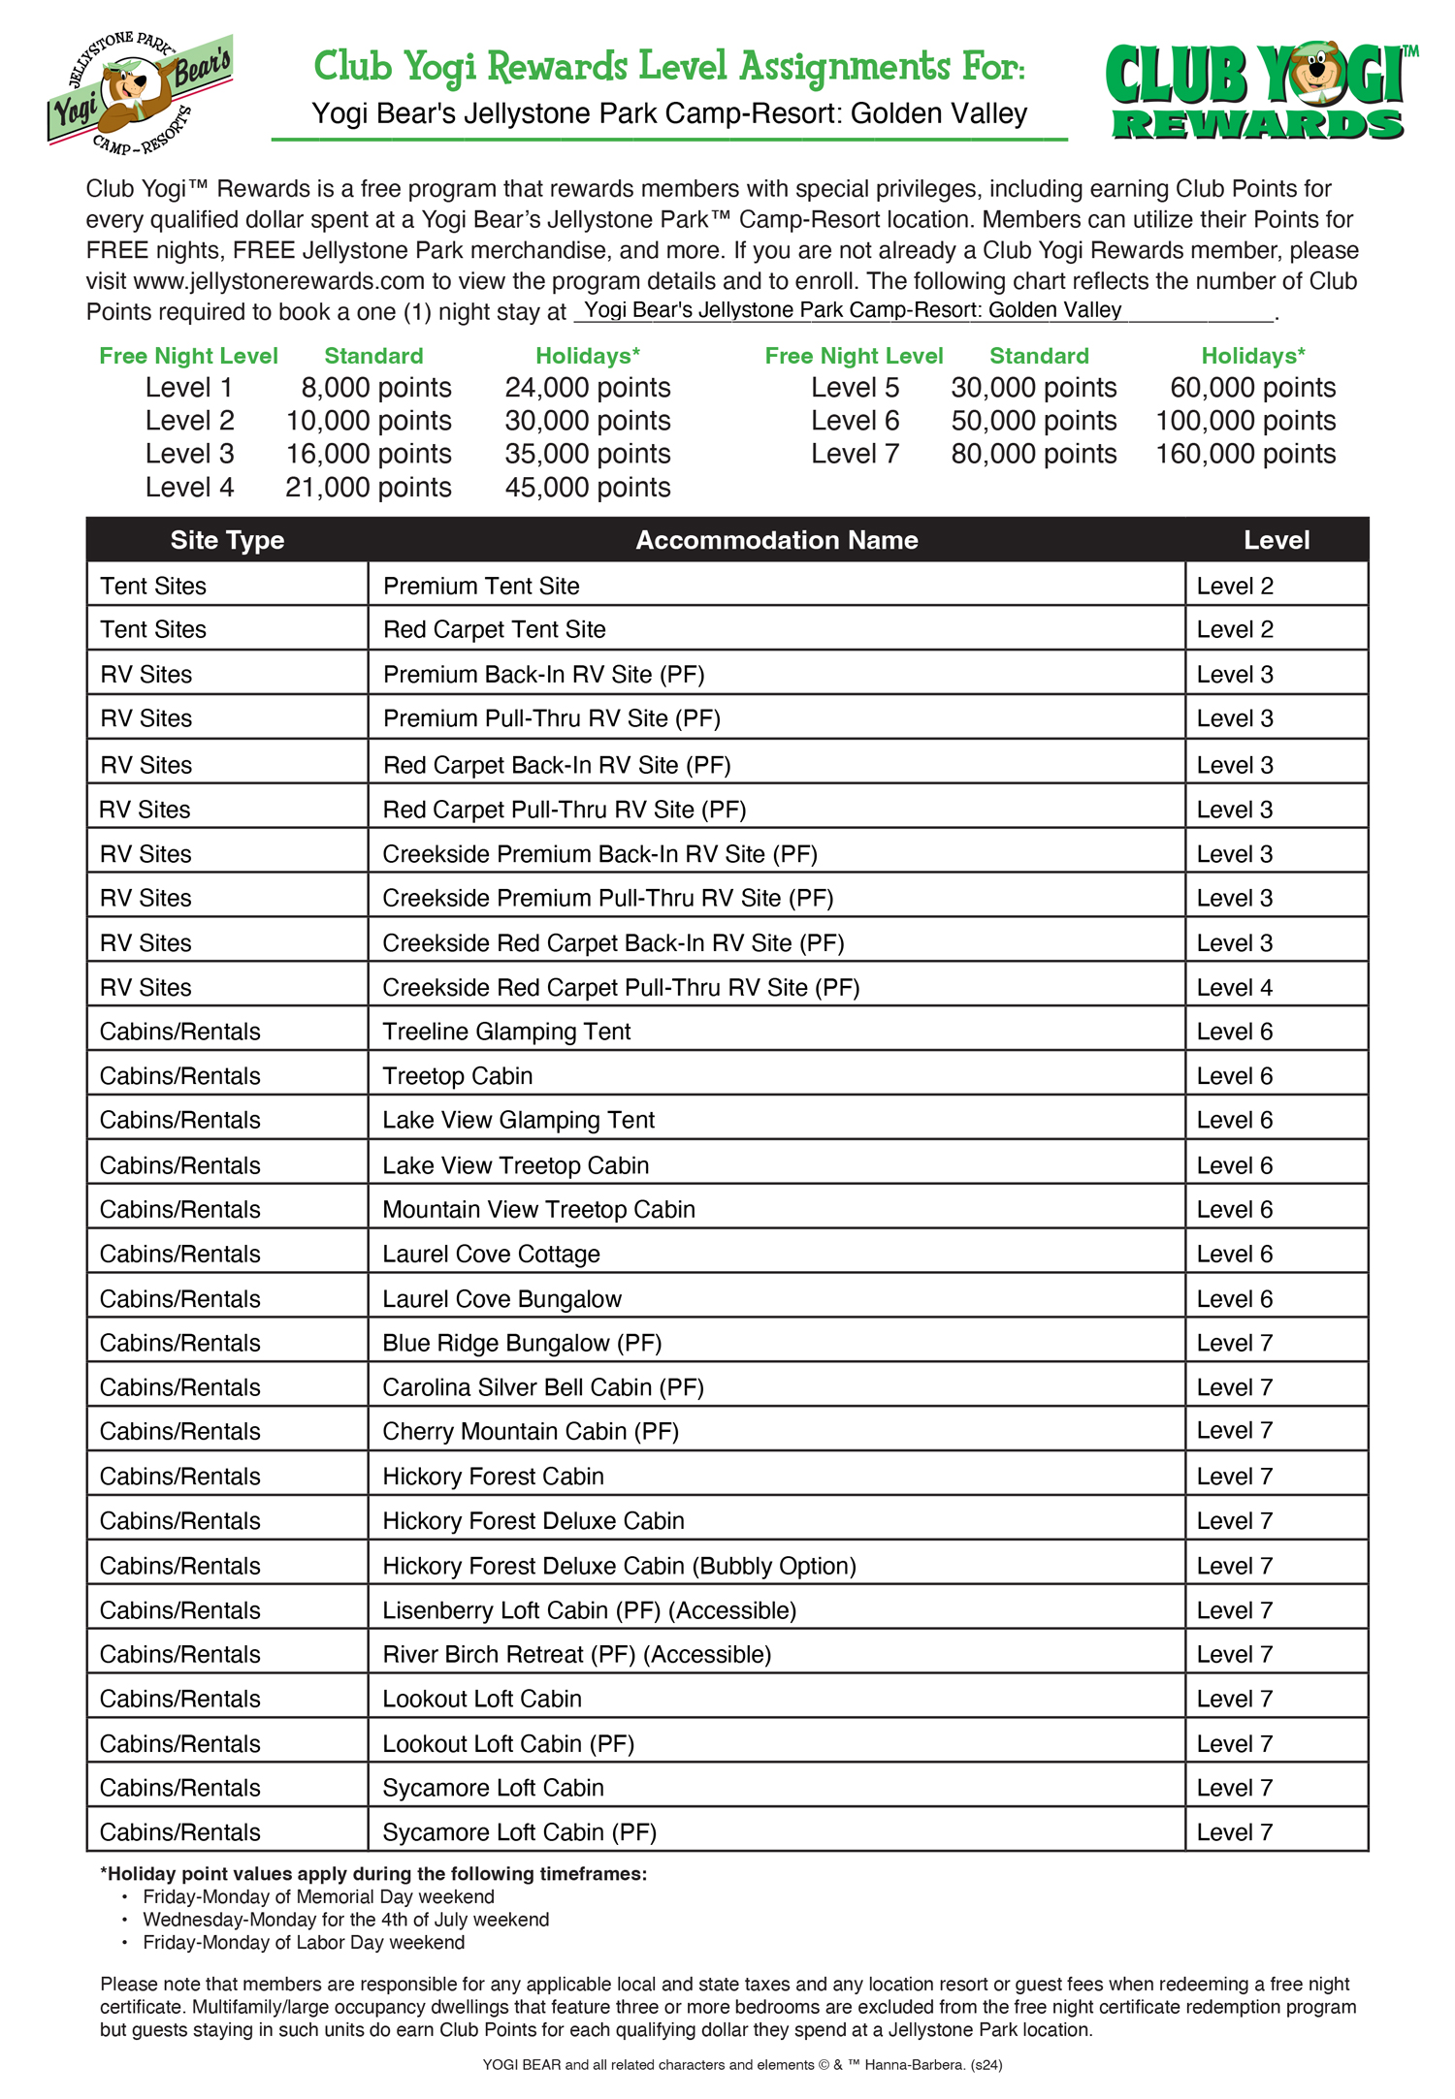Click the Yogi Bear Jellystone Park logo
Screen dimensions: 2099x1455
[x=139, y=92]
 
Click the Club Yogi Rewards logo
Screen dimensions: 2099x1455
[x=1259, y=92]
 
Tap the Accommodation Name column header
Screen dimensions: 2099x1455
[x=776, y=540]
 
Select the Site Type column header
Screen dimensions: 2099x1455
[x=227, y=540]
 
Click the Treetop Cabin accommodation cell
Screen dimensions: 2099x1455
[x=458, y=1076]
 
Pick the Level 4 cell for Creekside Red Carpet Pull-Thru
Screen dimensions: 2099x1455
[x=1235, y=988]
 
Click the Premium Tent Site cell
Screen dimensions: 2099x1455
[x=481, y=586]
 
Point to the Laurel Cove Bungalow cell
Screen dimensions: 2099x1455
[x=501, y=1299]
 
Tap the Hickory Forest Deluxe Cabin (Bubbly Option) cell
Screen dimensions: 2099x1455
[x=619, y=1566]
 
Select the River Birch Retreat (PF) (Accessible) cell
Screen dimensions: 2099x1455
[x=577, y=1654]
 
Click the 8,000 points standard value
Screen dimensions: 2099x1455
[x=375, y=388]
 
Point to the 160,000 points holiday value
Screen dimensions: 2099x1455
[x=1245, y=454]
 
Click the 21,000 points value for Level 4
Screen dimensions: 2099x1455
[x=368, y=487]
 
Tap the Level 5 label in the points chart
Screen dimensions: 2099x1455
[x=855, y=388]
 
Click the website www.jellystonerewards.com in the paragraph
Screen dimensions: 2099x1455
[x=279, y=281]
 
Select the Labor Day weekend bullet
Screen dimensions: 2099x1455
[x=304, y=1942]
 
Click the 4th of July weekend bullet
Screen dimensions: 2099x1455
[x=345, y=1920]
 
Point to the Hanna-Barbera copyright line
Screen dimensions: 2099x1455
[x=742, y=2065]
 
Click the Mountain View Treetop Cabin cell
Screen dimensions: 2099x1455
[x=538, y=1210]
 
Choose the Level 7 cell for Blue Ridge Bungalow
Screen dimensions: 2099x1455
[x=1235, y=1343]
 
